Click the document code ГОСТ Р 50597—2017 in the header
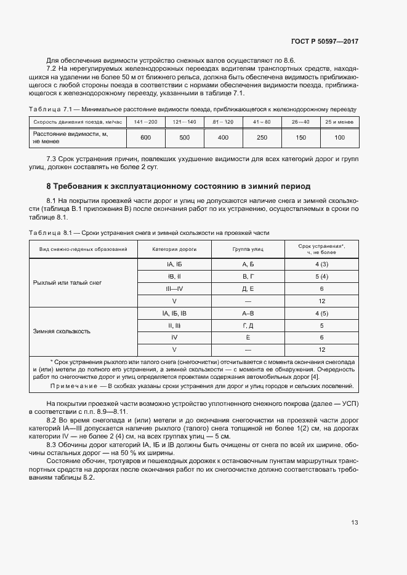(x=324, y=41)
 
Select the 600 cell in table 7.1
(x=146, y=138)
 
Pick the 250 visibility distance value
(x=262, y=138)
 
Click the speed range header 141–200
(x=146, y=122)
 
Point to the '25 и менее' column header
(x=339, y=122)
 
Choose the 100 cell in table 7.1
(x=339, y=138)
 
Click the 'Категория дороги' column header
(x=174, y=249)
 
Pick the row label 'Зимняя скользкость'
(x=62, y=331)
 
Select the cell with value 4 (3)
(x=321, y=264)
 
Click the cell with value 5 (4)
(x=321, y=276)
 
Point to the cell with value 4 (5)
(x=321, y=313)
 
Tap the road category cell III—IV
(x=174, y=288)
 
